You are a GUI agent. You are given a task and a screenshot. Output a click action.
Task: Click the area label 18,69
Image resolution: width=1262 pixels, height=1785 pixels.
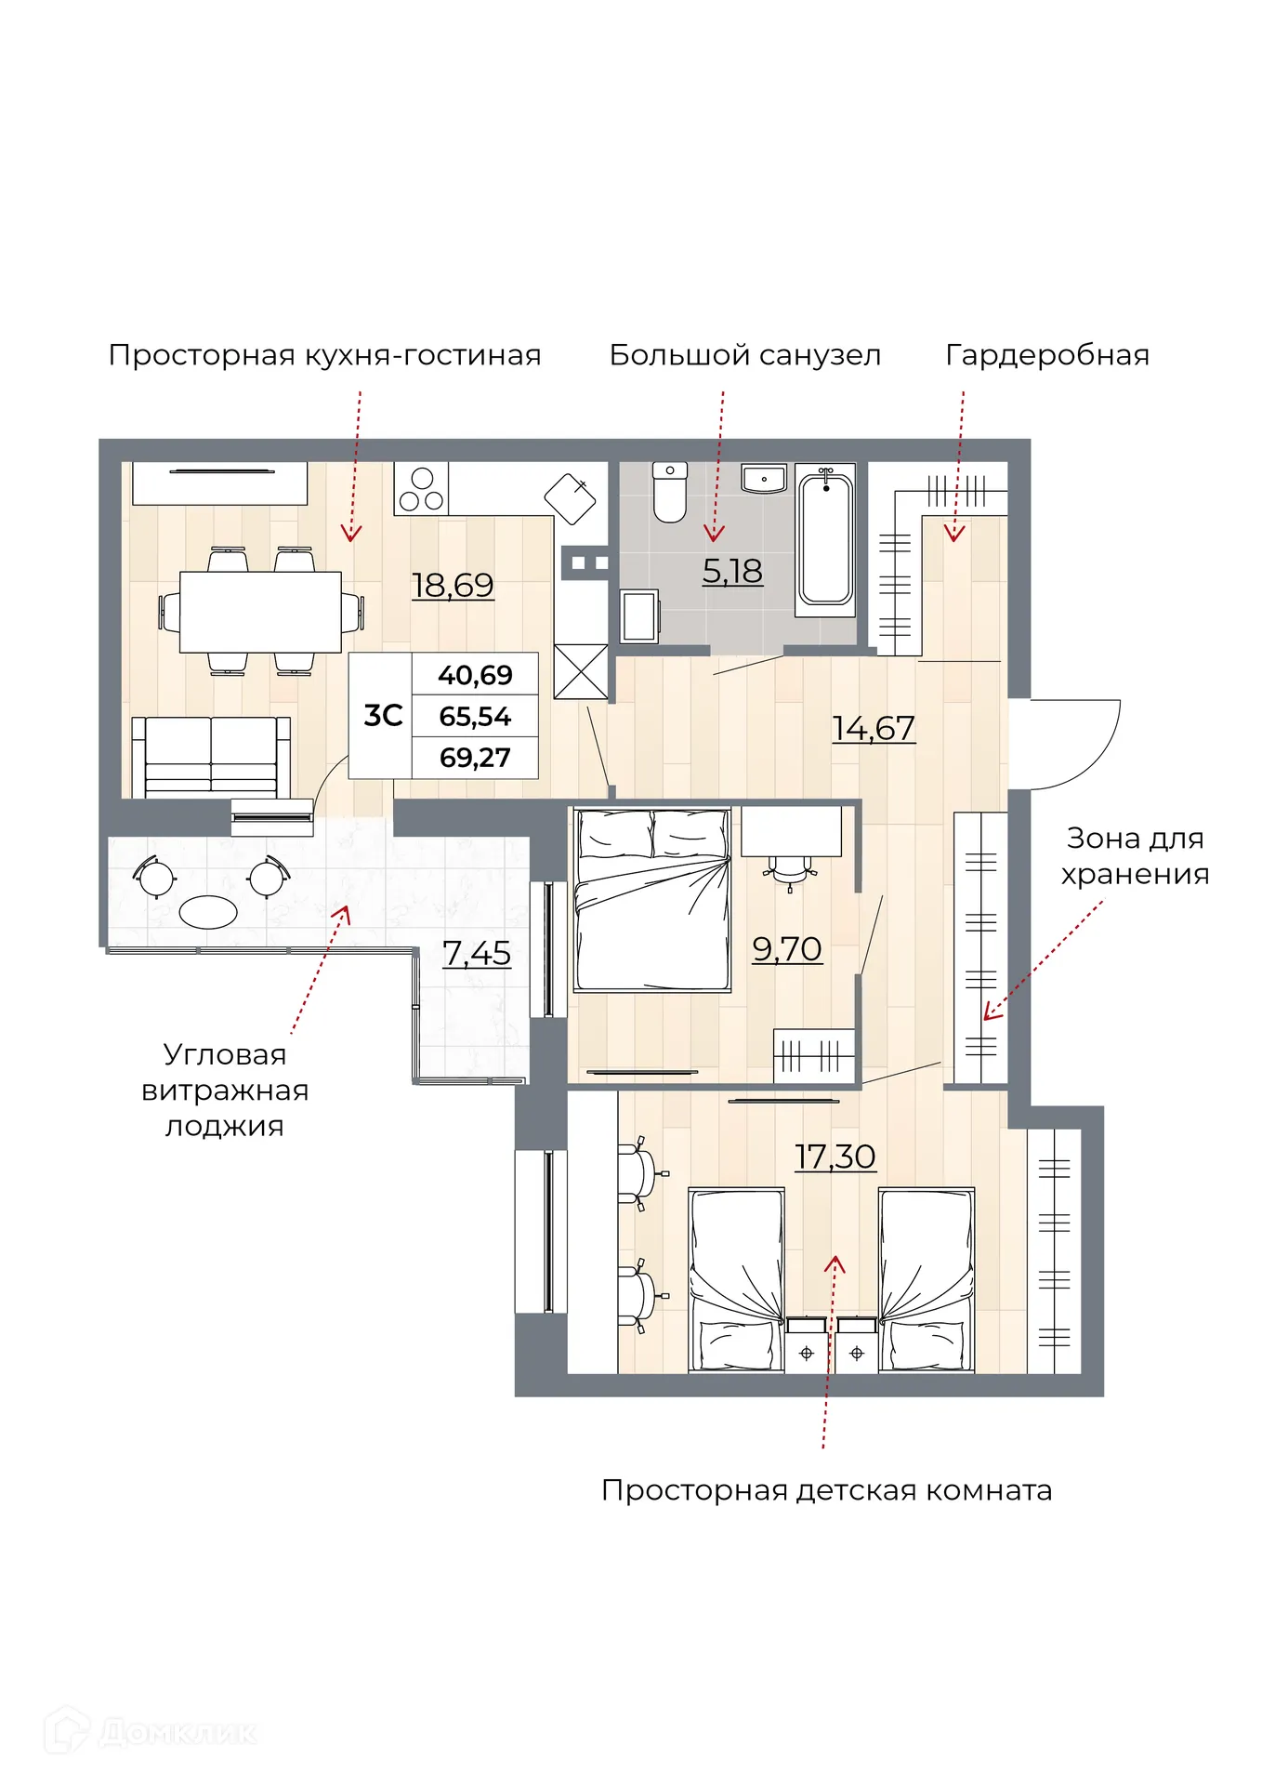point(453,585)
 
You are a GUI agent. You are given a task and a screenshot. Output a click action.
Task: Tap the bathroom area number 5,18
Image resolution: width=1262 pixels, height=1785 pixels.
point(732,571)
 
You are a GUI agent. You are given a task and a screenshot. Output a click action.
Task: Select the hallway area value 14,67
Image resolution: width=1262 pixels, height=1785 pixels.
point(873,728)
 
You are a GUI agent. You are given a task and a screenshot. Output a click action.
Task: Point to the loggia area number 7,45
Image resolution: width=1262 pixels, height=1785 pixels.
point(477,953)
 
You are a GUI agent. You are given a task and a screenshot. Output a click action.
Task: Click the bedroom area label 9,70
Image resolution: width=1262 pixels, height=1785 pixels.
point(786,949)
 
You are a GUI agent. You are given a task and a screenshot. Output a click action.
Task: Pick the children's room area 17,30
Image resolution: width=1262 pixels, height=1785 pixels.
point(835,1157)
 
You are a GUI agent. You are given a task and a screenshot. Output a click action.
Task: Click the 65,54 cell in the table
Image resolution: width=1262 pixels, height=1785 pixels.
point(475,717)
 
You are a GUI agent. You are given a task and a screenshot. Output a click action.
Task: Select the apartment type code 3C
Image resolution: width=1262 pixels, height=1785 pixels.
point(382,716)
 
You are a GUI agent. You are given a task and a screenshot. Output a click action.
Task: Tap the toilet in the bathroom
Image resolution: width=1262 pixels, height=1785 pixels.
point(669,493)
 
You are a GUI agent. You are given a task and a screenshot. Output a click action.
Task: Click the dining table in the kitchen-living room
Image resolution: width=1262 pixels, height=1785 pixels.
point(260,612)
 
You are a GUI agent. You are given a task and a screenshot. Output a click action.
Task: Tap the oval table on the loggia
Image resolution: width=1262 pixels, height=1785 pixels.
point(208,911)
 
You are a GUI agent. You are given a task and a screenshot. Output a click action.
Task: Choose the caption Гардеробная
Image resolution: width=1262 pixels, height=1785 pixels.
point(1047,355)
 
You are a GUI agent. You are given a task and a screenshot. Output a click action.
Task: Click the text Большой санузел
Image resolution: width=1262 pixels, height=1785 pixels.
point(744,355)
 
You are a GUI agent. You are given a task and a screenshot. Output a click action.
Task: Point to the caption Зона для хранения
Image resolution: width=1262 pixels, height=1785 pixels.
point(1135,856)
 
